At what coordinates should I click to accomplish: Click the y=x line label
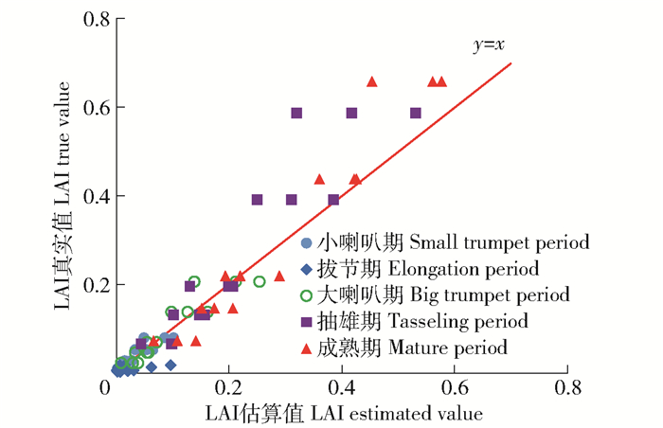coord(490,45)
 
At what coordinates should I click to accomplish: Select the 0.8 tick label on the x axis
coord(568,388)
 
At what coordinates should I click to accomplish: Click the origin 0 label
coord(106,388)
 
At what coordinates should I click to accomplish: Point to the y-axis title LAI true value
coord(69,194)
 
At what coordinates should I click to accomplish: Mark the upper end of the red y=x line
coord(511,63)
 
